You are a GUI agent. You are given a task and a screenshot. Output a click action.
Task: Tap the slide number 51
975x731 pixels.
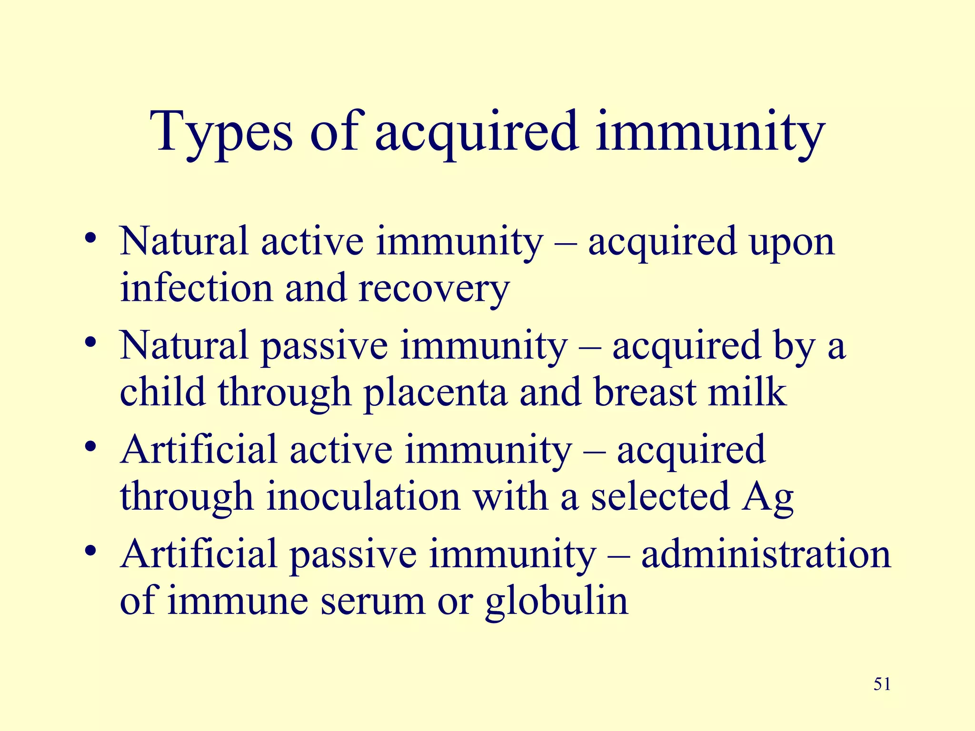(x=882, y=684)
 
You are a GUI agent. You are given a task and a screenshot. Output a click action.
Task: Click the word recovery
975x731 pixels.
(x=434, y=289)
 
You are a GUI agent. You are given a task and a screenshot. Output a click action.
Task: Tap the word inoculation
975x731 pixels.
(x=363, y=496)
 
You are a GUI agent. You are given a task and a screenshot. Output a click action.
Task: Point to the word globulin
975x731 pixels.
(x=557, y=601)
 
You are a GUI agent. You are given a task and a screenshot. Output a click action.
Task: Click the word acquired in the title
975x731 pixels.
(x=477, y=132)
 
